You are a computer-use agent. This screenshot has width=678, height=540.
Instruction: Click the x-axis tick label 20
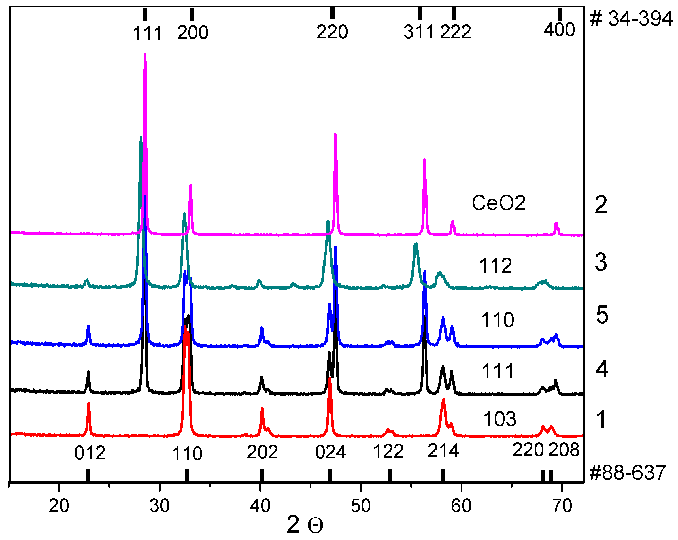coord(59,506)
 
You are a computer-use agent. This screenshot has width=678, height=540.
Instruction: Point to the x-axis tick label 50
coord(360,506)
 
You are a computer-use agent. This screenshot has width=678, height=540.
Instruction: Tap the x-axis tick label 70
coord(562,506)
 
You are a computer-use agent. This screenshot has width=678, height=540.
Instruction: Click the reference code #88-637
coord(627,472)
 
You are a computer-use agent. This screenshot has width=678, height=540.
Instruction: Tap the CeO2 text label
coord(498,203)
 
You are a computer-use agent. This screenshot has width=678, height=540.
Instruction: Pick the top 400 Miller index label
coord(559,30)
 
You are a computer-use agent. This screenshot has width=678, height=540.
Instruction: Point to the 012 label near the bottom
coord(90,453)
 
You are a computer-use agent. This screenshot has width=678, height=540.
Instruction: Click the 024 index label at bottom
coord(330,452)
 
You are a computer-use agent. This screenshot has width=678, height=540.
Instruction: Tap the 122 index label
coord(388,451)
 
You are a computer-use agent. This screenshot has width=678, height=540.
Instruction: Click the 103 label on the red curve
coord(500,419)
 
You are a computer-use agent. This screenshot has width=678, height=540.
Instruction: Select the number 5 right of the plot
coord(602,315)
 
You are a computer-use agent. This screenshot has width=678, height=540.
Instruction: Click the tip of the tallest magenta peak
coord(145,54)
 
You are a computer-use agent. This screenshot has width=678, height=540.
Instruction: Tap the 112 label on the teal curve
coord(496,266)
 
